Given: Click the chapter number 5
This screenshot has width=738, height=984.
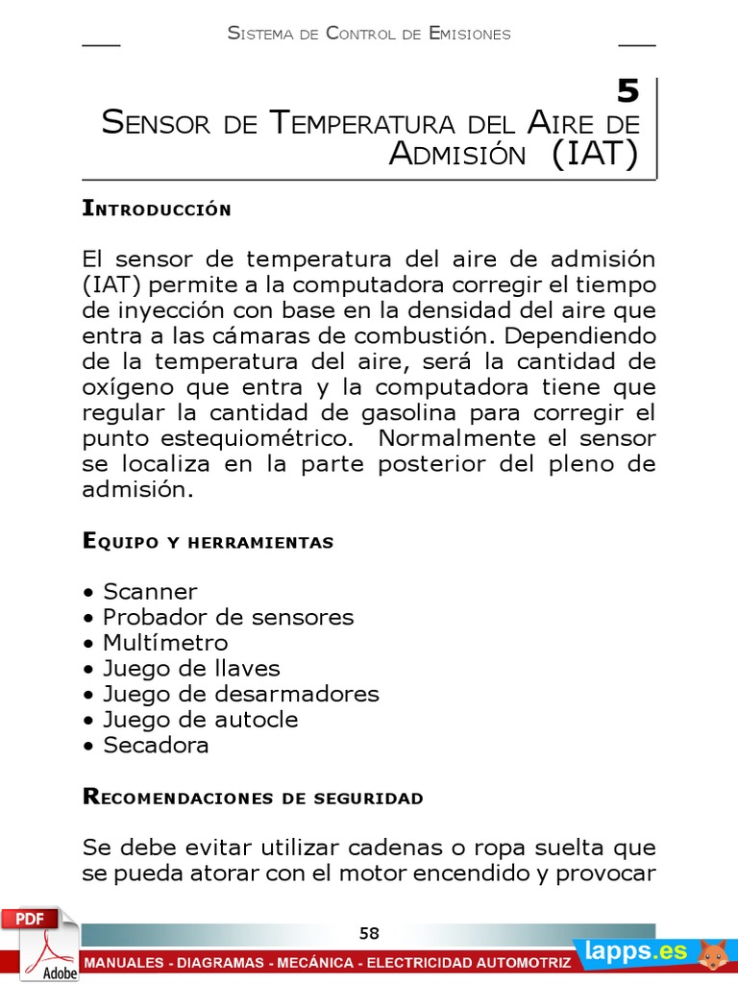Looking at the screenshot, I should click(627, 92).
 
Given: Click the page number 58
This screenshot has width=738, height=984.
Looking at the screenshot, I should click(369, 933).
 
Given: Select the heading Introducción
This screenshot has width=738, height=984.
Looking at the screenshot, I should click(157, 209).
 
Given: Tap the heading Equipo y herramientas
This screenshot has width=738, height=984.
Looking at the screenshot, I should click(208, 542).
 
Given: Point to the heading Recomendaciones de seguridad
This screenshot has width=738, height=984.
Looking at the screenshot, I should click(253, 798).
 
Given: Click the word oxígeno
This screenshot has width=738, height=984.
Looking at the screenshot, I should click(126, 387).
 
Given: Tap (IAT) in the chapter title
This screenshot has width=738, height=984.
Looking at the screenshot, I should click(595, 154).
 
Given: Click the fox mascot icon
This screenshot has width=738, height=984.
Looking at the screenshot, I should click(712, 953).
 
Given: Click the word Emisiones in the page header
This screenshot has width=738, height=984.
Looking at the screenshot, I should click(470, 34).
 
